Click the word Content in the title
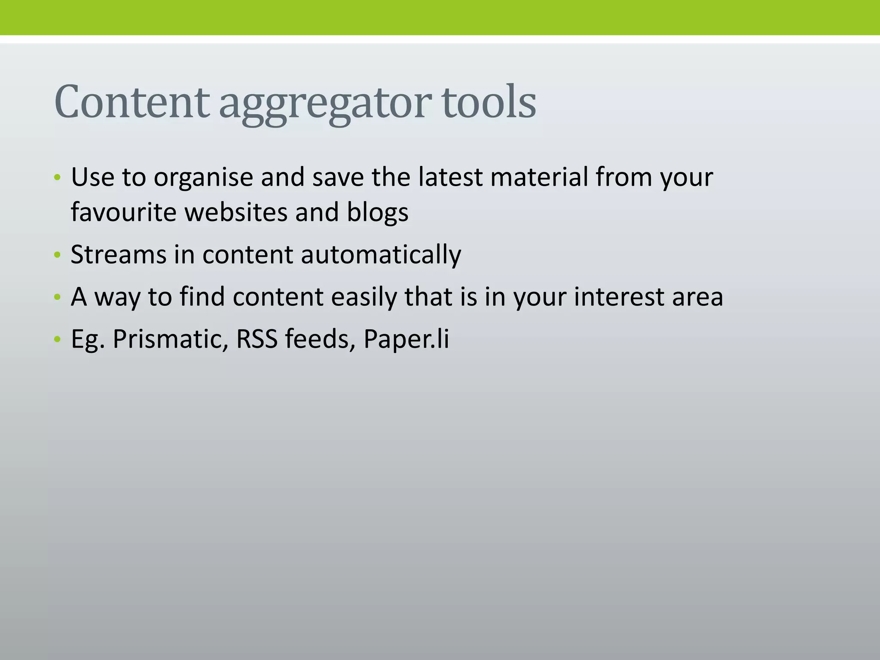pos(131,102)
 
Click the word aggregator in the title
pos(325,103)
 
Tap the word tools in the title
pos(489,102)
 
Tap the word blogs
pos(377,213)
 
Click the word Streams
pos(118,254)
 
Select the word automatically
pos(381,255)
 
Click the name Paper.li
pos(406,339)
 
